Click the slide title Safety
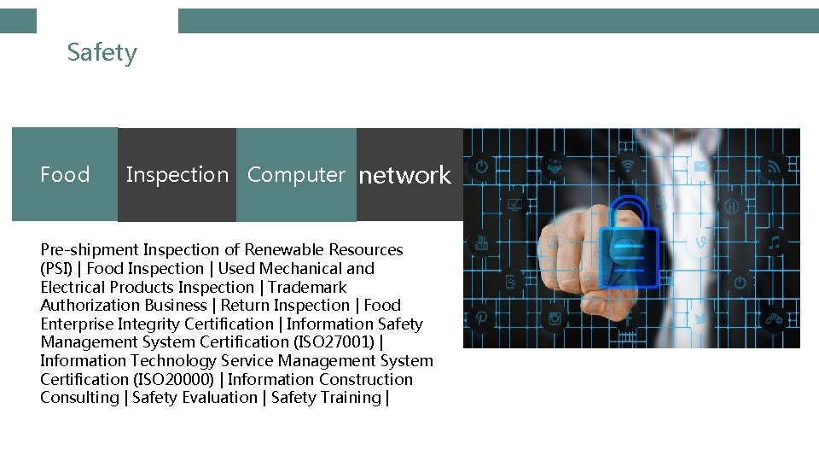[x=102, y=53]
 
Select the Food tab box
[x=65, y=175]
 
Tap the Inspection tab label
[x=177, y=175]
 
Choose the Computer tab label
[x=296, y=175]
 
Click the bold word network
[x=404, y=175]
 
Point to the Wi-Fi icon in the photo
[x=629, y=166]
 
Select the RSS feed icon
[x=774, y=166]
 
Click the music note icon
[x=774, y=243]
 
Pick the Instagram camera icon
[x=555, y=318]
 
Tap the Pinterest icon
[x=482, y=318]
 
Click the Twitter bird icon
[x=700, y=318]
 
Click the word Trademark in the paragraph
[x=307, y=287]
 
